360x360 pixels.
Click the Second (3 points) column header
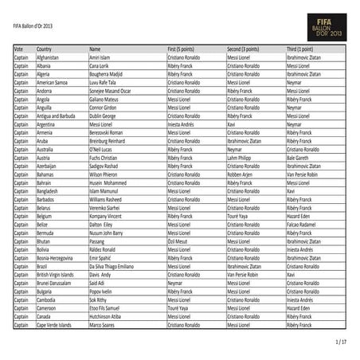pyautogui.click(x=245, y=49)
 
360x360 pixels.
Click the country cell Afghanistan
pyautogui.click(x=48, y=58)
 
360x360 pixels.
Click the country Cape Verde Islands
pyautogui.click(x=55, y=324)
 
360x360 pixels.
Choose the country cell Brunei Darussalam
pyautogui.click(x=55, y=283)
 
